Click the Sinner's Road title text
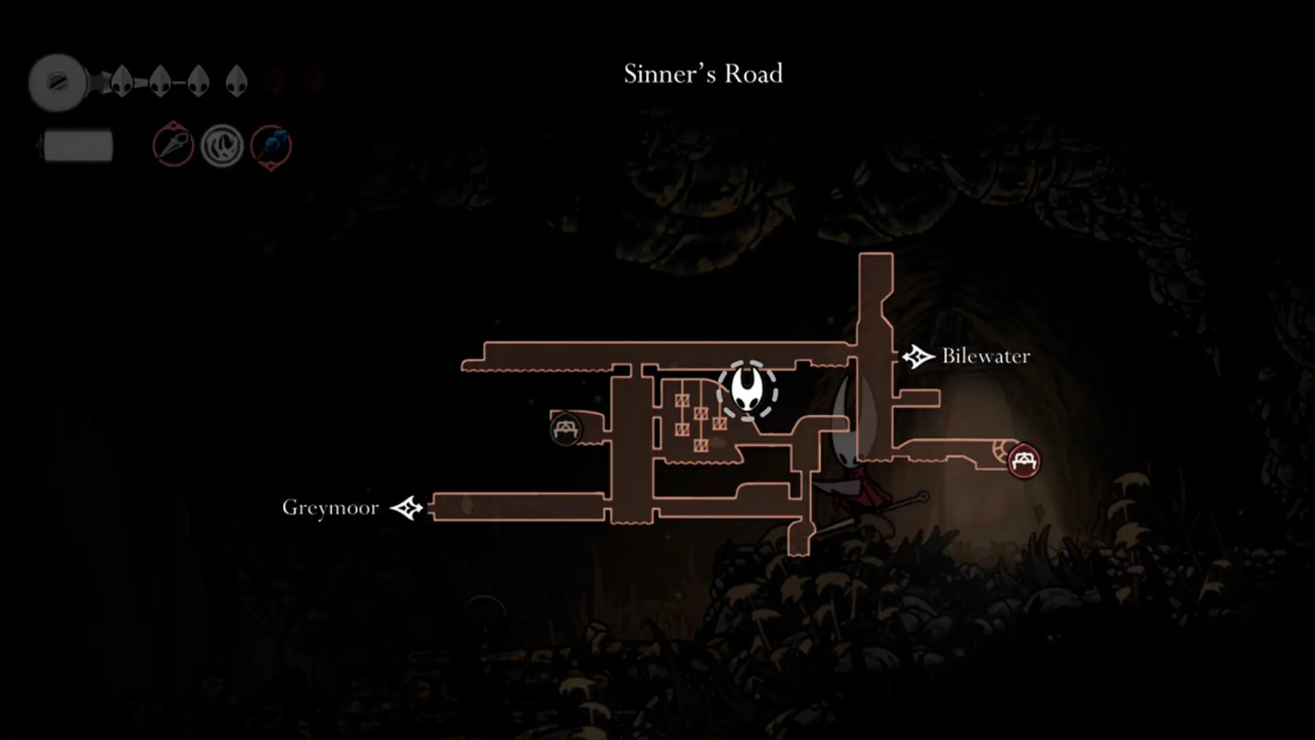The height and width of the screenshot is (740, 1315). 703,73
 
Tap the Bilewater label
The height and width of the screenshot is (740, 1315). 986,356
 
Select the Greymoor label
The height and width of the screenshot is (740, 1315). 330,508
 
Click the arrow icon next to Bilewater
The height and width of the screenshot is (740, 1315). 918,356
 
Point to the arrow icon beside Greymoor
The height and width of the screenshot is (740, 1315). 407,508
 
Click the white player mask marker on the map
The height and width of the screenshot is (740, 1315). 747,389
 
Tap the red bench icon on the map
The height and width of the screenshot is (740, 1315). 1023,460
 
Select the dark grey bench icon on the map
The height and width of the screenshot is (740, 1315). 565,430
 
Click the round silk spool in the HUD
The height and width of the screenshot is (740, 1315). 58,83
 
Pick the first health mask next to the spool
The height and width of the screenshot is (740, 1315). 122,81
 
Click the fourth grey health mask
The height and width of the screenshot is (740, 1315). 236,81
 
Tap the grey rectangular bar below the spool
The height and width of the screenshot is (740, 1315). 77,146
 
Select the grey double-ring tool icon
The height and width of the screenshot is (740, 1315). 222,146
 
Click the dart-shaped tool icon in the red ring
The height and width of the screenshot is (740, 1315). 173,145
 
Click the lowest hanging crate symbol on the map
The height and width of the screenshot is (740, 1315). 700,446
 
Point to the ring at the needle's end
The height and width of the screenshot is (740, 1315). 923,495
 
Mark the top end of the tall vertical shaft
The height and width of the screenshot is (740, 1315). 876,254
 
